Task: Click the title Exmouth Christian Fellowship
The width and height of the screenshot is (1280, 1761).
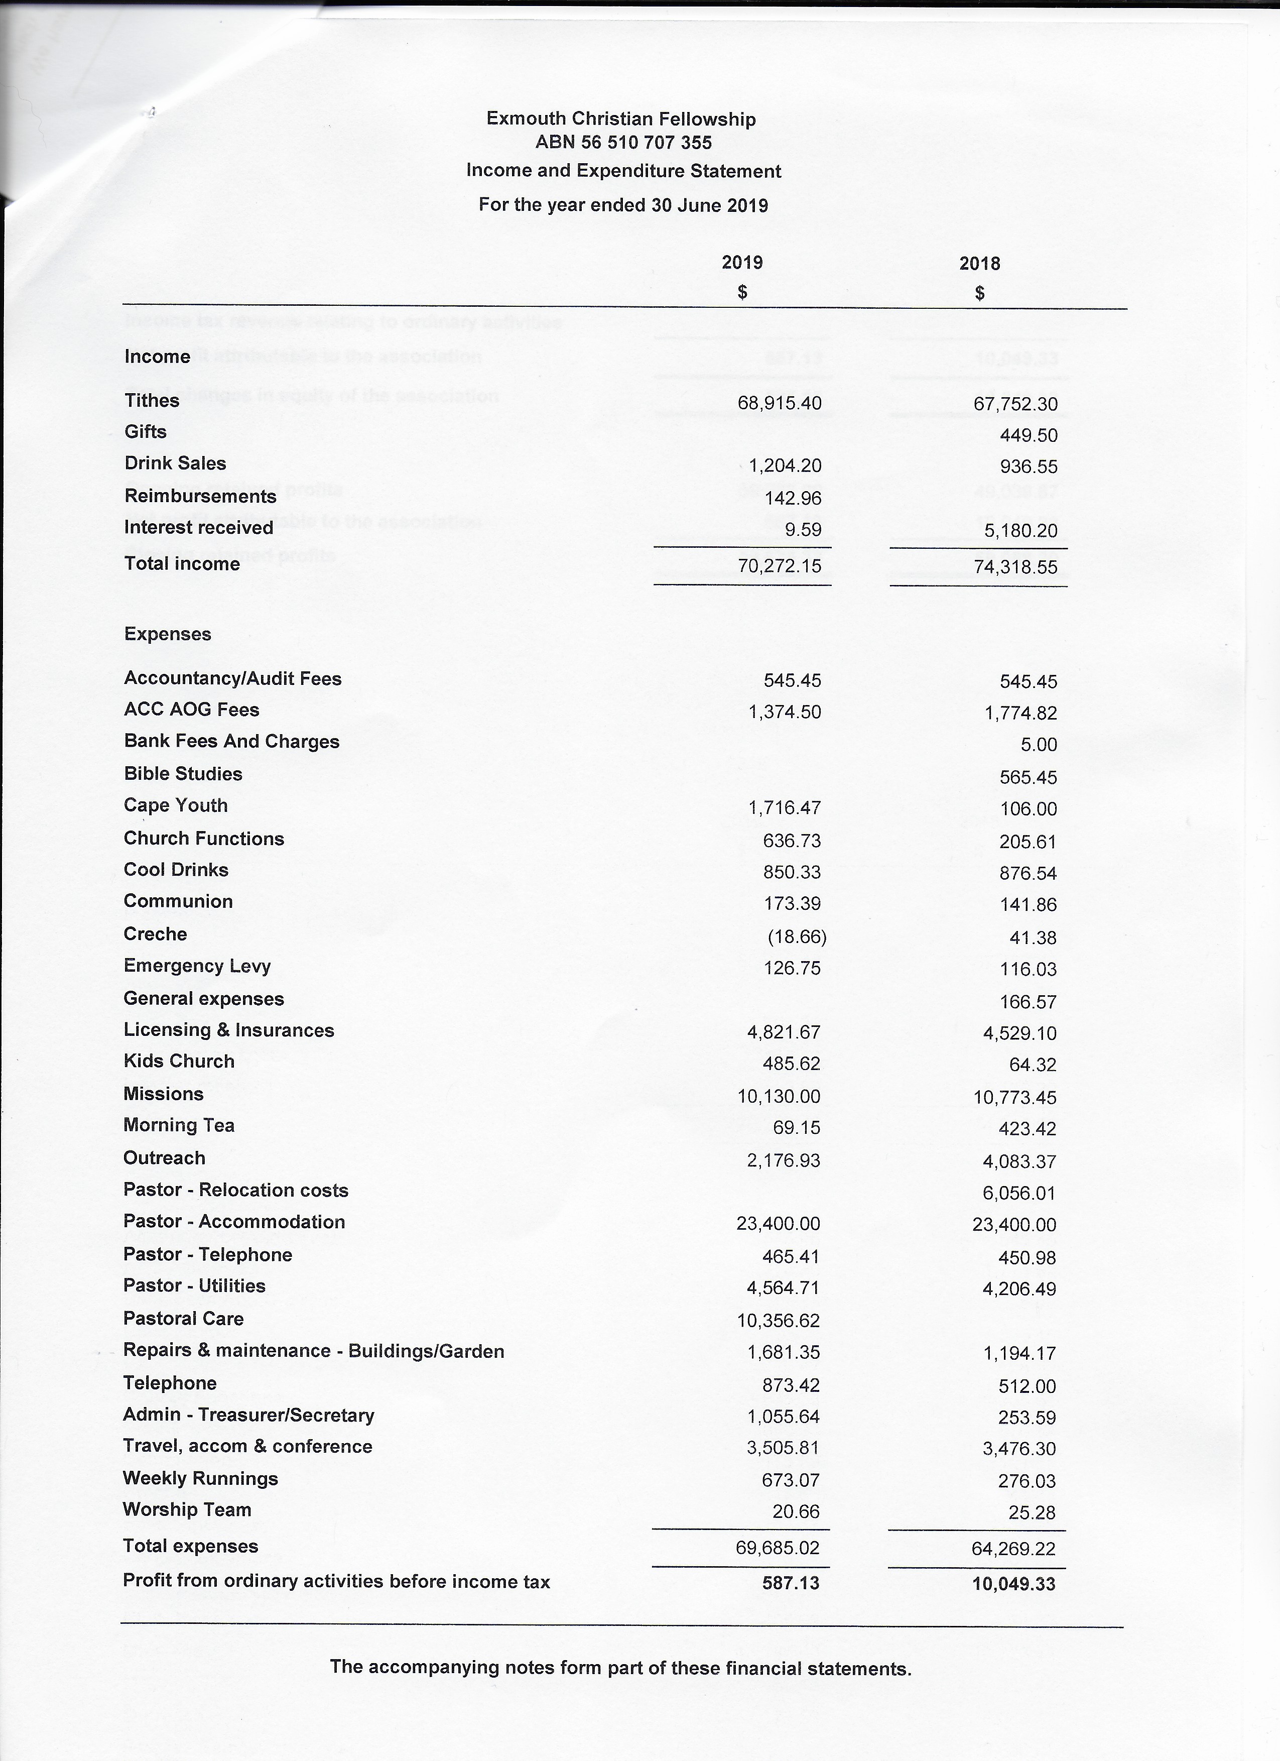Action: click(x=620, y=119)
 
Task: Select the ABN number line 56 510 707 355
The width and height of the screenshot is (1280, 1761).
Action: click(x=623, y=143)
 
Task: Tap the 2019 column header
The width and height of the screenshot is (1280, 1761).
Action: click(x=742, y=263)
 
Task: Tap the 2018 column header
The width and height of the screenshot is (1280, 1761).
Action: click(x=980, y=263)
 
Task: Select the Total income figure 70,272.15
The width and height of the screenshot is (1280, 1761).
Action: click(x=780, y=566)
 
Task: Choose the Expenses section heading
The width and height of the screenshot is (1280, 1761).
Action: click(x=168, y=634)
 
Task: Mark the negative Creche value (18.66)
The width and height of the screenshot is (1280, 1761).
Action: click(x=797, y=936)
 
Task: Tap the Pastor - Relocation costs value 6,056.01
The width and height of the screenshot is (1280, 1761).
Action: click(x=1019, y=1193)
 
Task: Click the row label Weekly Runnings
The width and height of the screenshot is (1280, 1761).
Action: click(x=200, y=1478)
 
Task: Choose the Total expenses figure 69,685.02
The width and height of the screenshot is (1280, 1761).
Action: click(x=777, y=1548)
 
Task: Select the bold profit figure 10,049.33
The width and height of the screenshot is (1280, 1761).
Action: click(x=1014, y=1584)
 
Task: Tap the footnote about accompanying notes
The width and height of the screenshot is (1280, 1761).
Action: click(x=620, y=1668)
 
